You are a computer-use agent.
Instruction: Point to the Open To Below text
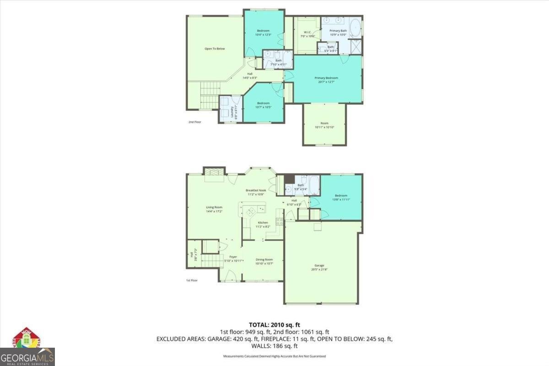pos(214,48)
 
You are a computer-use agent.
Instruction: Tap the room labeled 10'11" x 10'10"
pos(324,124)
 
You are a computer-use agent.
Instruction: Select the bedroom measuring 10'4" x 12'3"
pos(263,32)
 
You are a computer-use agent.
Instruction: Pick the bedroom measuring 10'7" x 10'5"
pos(263,105)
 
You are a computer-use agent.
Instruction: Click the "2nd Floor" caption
pos(194,122)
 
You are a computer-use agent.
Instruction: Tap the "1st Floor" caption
pos(191,280)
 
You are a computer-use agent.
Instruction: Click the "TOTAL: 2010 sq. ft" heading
pos(274,324)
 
